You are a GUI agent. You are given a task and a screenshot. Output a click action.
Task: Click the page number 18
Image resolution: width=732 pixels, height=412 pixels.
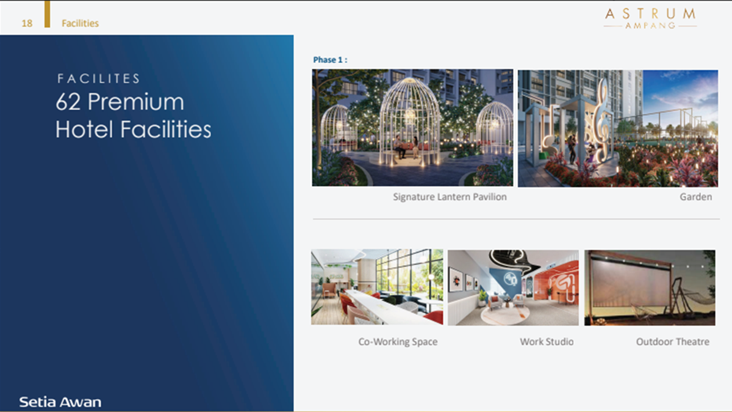27,23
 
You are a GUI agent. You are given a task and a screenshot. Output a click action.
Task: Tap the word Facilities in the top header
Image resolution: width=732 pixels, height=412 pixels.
80,23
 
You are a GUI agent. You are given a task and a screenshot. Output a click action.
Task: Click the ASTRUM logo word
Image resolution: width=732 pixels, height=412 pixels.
650,14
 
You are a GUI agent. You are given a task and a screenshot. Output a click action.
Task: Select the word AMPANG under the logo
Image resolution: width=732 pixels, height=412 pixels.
650,26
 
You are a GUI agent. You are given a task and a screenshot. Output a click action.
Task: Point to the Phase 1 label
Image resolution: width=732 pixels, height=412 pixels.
330,60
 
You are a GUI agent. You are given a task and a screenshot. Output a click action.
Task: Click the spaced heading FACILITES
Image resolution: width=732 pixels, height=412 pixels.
98,79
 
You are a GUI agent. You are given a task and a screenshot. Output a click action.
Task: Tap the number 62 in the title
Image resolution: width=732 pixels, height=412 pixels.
68,102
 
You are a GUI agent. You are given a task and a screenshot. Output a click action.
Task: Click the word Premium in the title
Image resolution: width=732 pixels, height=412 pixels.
136,102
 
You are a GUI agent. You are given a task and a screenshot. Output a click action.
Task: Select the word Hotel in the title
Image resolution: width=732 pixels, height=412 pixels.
84,129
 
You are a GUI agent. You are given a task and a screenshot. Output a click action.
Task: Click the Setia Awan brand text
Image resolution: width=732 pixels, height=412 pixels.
60,402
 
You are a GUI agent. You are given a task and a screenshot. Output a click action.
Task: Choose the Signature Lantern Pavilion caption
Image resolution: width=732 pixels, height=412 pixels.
450,197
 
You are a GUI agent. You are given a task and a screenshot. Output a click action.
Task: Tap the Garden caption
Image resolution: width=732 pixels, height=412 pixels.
696,197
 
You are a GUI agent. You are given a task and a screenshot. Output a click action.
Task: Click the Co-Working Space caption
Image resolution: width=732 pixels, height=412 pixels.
398,342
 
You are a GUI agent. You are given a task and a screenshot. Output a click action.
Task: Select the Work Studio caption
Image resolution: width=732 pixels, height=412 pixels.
547,342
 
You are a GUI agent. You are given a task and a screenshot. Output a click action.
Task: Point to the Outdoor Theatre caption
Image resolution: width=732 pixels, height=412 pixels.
672,342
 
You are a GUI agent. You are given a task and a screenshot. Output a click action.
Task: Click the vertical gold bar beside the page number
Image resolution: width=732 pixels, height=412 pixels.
48,13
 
